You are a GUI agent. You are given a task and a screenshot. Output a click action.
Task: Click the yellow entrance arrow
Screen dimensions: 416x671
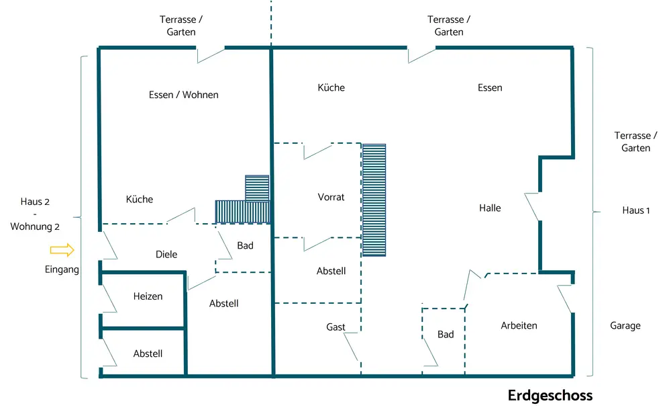pos(62,250)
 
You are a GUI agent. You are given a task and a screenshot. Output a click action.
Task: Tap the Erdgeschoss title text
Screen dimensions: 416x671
pos(550,395)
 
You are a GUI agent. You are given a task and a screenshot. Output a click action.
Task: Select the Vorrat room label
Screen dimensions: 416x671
pos(331,197)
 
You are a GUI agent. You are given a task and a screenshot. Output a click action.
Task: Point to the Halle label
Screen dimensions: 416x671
pos(490,208)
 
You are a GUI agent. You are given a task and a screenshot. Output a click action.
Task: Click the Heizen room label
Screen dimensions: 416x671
pos(148,296)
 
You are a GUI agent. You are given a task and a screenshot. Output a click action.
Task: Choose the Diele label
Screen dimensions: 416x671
pos(166,254)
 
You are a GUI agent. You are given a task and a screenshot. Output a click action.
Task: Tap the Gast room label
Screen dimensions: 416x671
pos(335,327)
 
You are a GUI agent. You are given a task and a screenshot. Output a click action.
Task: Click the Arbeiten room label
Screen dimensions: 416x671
pos(519,325)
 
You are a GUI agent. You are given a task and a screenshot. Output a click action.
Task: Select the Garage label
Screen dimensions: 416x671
pos(625,325)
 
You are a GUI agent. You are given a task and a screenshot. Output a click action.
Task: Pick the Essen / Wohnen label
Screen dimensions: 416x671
pos(183,95)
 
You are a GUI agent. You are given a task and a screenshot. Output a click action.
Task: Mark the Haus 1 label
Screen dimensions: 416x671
pos(636,210)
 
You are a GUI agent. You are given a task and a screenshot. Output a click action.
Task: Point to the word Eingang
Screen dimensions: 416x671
pos(62,269)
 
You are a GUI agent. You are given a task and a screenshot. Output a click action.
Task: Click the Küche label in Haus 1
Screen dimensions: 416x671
pos(331,87)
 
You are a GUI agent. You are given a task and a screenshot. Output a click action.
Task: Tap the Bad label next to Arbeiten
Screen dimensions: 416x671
pos(446,334)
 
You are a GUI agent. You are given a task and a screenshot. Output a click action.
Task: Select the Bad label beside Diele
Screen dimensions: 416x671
pos(245,245)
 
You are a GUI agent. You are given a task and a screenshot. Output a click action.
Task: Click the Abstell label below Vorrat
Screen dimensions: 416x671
pos(331,271)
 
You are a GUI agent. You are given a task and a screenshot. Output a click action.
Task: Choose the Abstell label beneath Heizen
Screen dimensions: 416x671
pos(148,353)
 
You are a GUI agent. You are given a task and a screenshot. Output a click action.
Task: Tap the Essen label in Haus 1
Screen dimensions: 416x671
pos(490,87)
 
